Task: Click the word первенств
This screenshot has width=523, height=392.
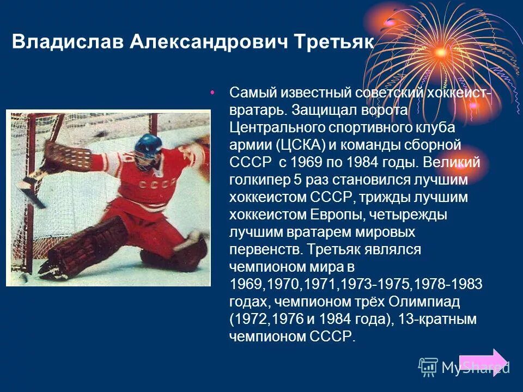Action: click(x=265, y=250)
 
